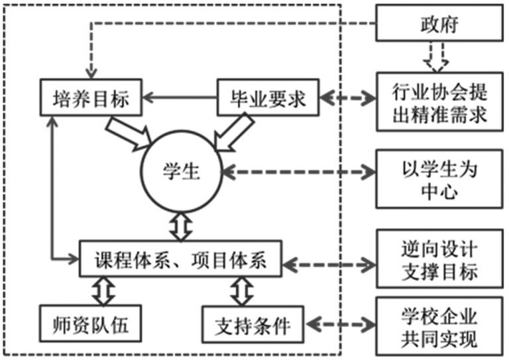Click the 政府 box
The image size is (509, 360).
[439, 25]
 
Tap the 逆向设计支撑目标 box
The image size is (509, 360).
[439, 259]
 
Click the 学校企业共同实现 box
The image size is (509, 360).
[439, 327]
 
